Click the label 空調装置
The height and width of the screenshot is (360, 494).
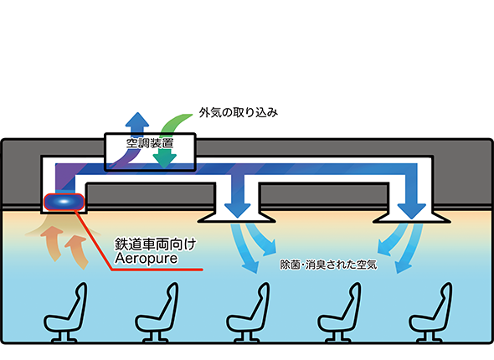(x=150, y=143)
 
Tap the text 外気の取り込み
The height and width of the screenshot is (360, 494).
(x=238, y=112)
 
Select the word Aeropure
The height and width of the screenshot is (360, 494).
(x=147, y=259)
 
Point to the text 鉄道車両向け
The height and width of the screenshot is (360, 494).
(x=156, y=244)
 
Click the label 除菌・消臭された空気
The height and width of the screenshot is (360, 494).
(x=328, y=265)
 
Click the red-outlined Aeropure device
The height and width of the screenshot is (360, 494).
(x=64, y=202)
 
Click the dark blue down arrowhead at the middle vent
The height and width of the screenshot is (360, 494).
(x=237, y=210)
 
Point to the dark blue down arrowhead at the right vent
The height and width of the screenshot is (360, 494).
(x=412, y=210)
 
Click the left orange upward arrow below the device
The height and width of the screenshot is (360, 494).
(x=53, y=244)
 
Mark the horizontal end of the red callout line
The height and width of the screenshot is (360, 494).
(x=203, y=270)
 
